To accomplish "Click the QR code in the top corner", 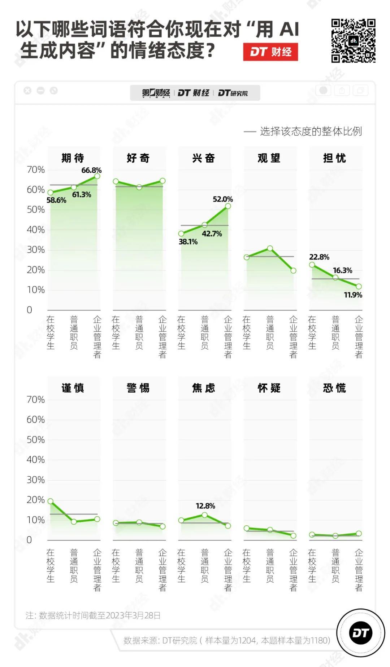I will (x=353, y=41).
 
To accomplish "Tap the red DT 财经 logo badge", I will (x=270, y=52).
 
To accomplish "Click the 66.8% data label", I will (x=91, y=170).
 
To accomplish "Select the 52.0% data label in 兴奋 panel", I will (x=223, y=199).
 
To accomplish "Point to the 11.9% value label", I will (x=353, y=295).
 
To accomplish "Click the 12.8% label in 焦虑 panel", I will (x=205, y=506).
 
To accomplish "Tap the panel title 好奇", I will (x=138, y=158).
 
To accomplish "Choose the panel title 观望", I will (x=269, y=158).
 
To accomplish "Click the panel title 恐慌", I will (x=334, y=388).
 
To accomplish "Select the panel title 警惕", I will (x=138, y=388).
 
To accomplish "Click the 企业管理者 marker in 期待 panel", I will (x=97, y=176).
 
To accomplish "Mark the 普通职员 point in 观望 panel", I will (x=270, y=248).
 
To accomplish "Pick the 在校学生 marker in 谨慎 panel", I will (x=51, y=501).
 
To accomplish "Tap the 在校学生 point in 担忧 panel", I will (x=312, y=265).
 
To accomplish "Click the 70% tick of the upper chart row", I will (x=35, y=170).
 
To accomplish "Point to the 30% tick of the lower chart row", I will (x=35, y=480).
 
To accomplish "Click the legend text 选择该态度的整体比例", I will (x=311, y=132).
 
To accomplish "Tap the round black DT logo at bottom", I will (x=360, y=633).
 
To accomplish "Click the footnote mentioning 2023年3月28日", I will (x=93, y=615).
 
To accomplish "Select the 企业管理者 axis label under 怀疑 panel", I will (x=293, y=570).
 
